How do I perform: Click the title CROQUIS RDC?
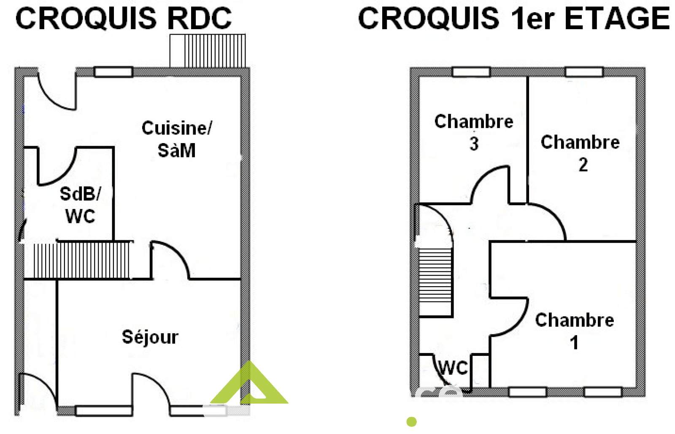tap(123, 19)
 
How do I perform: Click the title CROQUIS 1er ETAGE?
tap(513, 19)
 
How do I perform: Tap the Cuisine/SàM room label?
tap(177, 139)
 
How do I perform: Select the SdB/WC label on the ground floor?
tap(80, 205)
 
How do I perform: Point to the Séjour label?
tap(150, 337)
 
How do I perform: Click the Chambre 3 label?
tap(474, 132)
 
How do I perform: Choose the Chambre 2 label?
tap(580, 152)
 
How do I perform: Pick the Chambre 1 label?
tap(574, 331)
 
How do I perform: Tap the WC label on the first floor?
tap(453, 368)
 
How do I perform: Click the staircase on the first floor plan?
tap(435, 281)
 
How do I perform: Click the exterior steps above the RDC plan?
tap(208, 51)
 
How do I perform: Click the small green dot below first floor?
tap(411, 421)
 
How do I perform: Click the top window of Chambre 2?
tap(584, 72)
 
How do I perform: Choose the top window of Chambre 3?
tap(471, 72)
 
